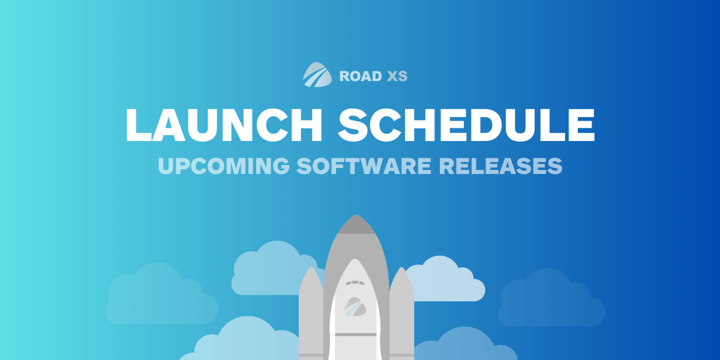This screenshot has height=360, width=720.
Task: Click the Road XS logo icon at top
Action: [317, 76]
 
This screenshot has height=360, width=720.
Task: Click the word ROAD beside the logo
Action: [358, 76]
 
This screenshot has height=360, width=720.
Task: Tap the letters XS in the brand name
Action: [397, 76]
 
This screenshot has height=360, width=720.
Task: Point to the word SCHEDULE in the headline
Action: [467, 124]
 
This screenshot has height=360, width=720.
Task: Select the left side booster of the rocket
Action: [311, 312]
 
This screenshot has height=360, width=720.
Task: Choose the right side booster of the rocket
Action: [401, 312]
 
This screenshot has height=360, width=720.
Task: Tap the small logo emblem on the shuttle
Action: [355, 307]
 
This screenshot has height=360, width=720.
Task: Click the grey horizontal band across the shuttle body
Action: [356, 334]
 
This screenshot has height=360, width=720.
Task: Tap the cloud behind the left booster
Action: [270, 270]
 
